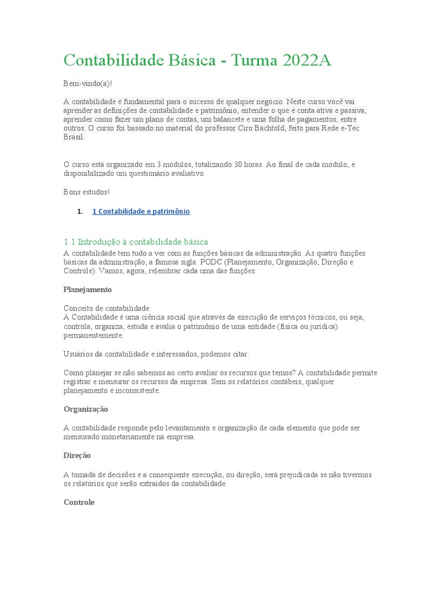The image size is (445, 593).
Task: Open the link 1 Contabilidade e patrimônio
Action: point(141,211)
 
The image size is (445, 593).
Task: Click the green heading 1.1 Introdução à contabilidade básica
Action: point(136,241)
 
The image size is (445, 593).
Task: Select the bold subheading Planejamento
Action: point(87,289)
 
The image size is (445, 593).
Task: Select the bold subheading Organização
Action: point(86,409)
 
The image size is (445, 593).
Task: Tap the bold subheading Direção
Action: point(77,455)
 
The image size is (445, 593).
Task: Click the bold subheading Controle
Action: point(79,502)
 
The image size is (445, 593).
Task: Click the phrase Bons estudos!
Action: point(86,192)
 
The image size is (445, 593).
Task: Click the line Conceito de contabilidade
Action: point(106,308)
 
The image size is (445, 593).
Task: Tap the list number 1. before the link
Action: point(80,211)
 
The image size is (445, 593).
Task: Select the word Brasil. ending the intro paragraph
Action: point(74,137)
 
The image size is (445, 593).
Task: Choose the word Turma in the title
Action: point(252,60)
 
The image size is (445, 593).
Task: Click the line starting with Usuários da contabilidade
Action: point(156,354)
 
